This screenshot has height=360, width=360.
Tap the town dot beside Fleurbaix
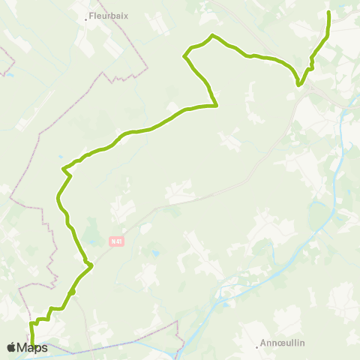tap(87, 19)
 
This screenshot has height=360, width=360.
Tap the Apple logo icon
tap(11, 347)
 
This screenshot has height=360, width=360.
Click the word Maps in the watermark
tap(32, 347)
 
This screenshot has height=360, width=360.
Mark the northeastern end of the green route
tap(329, 13)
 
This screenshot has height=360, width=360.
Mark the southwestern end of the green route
tap(33, 346)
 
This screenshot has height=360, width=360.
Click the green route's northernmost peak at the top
tap(213, 35)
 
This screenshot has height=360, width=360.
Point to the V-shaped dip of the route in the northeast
tap(299, 85)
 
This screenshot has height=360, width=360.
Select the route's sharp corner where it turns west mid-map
tap(216, 106)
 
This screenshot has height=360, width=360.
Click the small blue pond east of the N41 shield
tap(154, 254)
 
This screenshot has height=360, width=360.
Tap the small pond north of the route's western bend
tap(61, 158)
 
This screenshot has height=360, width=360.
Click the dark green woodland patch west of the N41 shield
tap(91, 231)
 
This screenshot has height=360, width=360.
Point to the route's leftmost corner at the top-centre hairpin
tap(184, 55)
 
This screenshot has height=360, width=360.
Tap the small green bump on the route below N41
tap(73, 291)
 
